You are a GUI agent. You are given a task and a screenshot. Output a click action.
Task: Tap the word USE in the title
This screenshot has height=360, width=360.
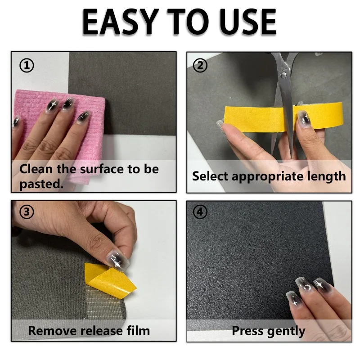click(x=248, y=22)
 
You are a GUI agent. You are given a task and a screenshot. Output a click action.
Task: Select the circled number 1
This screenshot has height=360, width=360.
click(x=27, y=66)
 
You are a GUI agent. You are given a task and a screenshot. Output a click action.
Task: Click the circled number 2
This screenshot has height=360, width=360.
click(x=200, y=66)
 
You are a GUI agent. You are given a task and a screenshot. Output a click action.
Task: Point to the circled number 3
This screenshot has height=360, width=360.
click(x=27, y=211)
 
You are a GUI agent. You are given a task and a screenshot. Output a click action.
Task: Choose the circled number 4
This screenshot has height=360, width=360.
click(x=200, y=211)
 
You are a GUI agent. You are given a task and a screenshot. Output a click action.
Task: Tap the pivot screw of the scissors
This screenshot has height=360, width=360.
click(x=284, y=74)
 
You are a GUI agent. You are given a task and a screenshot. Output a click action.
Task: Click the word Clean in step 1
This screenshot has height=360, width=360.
click(x=36, y=169)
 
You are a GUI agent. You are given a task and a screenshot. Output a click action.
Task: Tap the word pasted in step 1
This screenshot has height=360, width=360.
click(x=41, y=184)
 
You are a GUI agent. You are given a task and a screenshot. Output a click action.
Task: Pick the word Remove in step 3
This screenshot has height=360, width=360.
click(x=53, y=331)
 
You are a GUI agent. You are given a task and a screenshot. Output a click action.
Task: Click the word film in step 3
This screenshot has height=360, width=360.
click(x=138, y=331)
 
